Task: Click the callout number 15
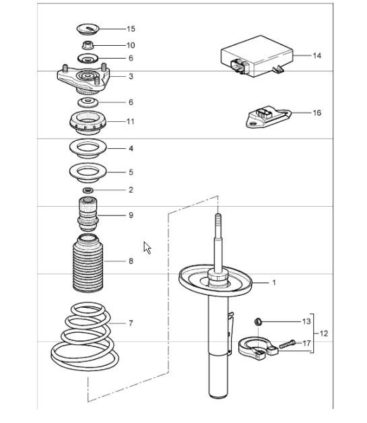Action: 131,29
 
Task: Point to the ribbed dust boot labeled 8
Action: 88,263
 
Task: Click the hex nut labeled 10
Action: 87,45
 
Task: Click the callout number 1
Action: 273,282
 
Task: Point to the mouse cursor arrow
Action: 147,248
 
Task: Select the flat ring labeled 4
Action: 88,148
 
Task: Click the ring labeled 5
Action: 88,173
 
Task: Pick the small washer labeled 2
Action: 88,190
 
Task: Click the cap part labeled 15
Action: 88,28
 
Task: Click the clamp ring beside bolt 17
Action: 255,348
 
